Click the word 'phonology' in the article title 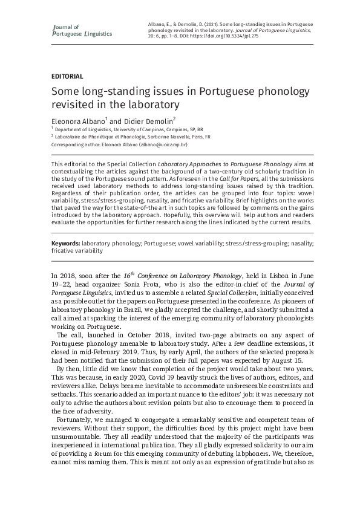click(x=274, y=91)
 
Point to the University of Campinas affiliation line click(x=130, y=129)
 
